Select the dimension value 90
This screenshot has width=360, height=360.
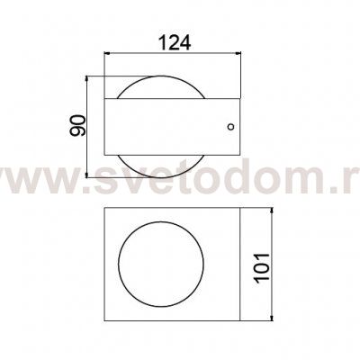tap(78, 123)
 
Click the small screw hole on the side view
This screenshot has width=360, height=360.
tap(231, 127)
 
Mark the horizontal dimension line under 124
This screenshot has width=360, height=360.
tap(173, 56)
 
